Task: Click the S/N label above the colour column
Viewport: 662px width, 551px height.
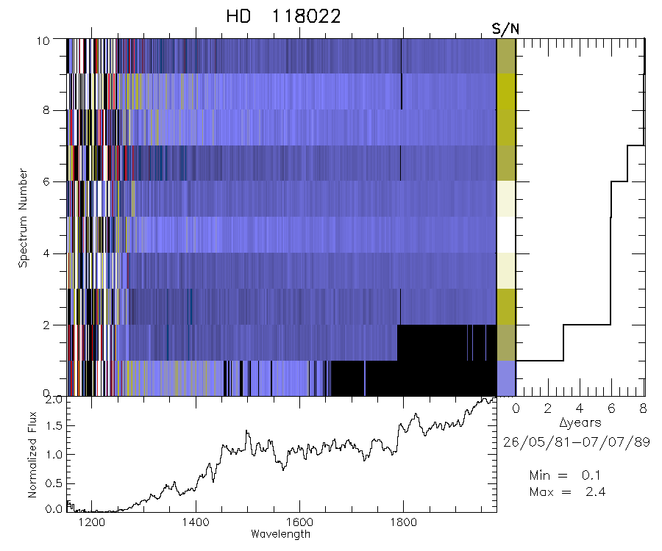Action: tap(505, 29)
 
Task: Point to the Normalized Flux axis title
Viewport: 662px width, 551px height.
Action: tap(32, 454)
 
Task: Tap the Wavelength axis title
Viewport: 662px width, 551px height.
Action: tap(280, 534)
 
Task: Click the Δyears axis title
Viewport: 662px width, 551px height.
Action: tap(580, 422)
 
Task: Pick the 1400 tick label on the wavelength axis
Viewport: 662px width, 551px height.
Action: tap(196, 522)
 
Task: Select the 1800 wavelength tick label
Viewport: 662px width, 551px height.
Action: tap(402, 522)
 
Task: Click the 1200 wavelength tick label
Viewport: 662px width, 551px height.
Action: tap(92, 522)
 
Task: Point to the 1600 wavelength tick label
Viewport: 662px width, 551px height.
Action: tap(299, 522)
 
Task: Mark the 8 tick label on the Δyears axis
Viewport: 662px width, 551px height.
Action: tap(644, 408)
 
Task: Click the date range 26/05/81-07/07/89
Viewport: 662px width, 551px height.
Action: tap(576, 442)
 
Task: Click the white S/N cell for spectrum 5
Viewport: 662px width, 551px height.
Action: tap(506, 235)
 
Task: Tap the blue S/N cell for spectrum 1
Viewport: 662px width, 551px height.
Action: tap(506, 378)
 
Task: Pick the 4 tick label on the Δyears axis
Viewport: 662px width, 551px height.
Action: tap(580, 408)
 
